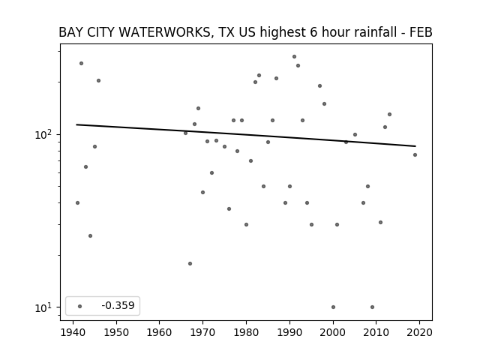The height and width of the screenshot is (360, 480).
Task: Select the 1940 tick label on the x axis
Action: (73, 332)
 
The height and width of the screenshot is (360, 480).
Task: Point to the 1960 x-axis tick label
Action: (160, 332)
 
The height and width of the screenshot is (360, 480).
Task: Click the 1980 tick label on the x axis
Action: (246, 332)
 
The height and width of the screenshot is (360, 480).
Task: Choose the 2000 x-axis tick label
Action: (333, 332)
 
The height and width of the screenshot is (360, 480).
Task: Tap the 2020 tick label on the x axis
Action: (419, 332)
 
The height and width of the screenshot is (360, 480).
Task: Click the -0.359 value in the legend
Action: (118, 305)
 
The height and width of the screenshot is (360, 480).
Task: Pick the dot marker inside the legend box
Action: (80, 306)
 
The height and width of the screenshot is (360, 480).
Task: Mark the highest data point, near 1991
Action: (294, 57)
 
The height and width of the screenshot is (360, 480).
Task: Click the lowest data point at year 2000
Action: (333, 307)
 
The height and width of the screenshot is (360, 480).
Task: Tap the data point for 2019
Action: (415, 155)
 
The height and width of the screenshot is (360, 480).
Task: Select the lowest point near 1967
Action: (190, 263)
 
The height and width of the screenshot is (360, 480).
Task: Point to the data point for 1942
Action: (82, 63)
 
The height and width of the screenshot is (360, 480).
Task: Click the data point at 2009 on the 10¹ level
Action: (372, 307)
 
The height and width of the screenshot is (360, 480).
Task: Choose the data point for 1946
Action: (98, 80)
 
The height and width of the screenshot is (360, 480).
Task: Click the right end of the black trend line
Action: (415, 146)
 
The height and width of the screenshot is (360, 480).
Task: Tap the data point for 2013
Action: (390, 115)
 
